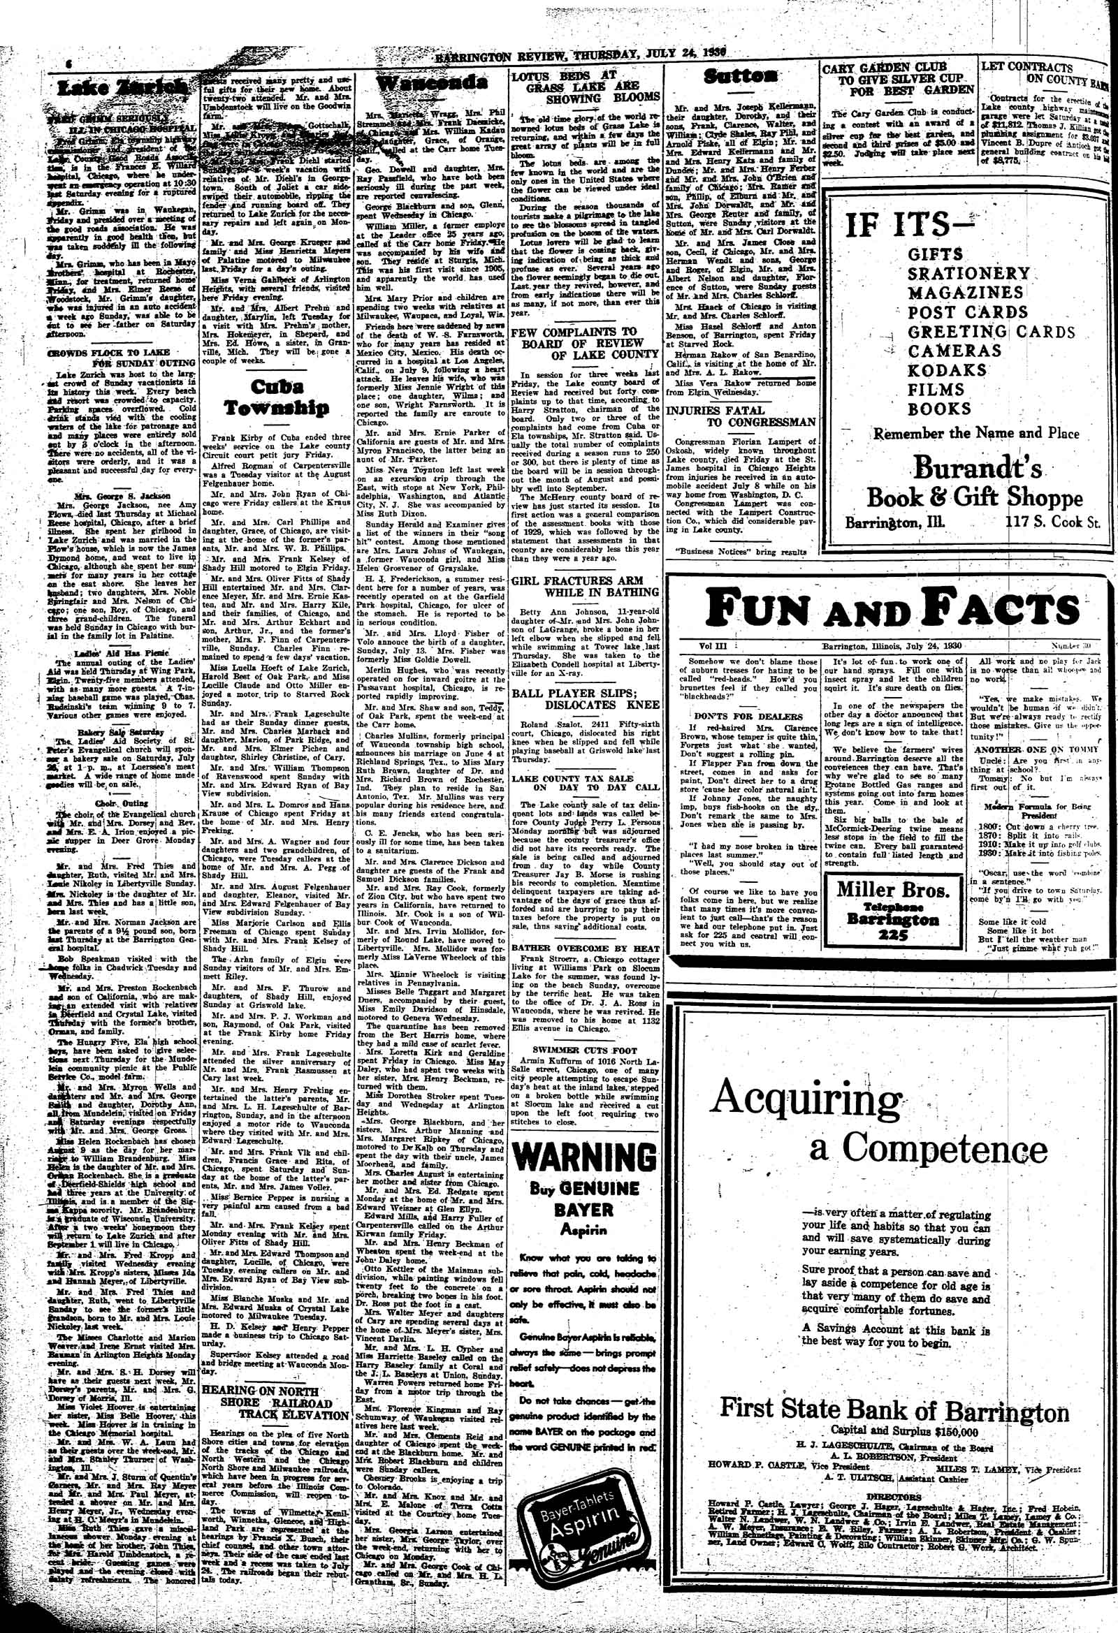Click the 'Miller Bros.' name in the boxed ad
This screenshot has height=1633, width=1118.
[893, 891]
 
